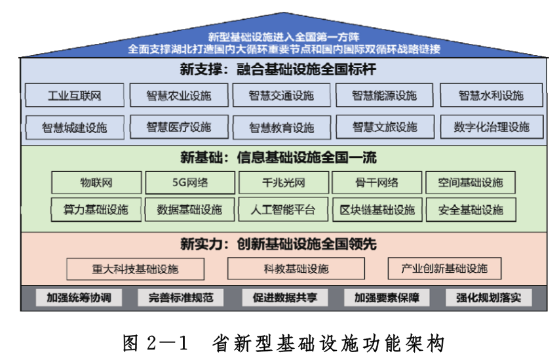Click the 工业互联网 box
(x=75, y=96)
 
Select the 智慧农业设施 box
(x=179, y=96)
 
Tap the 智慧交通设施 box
(x=281, y=96)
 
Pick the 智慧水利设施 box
(x=491, y=96)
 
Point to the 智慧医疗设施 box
(x=179, y=127)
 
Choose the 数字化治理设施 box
(x=491, y=127)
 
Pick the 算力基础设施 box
(x=96, y=210)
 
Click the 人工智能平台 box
(x=282, y=210)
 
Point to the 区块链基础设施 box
(x=377, y=210)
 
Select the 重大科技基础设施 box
(x=136, y=269)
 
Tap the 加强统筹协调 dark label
(x=75, y=298)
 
